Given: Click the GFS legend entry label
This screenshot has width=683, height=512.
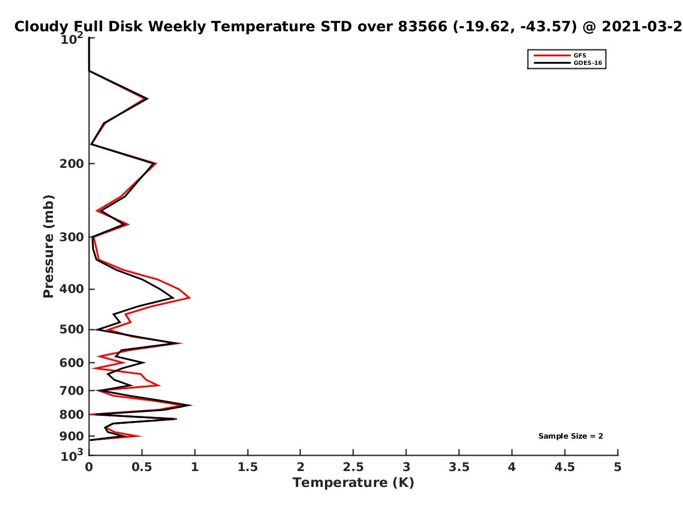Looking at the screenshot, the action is [x=579, y=55].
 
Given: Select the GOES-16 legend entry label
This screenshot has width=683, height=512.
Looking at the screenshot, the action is [x=588, y=63].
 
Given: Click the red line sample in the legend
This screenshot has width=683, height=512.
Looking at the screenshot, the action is [x=552, y=55].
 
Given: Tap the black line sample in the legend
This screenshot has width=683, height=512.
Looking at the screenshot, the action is [x=552, y=63].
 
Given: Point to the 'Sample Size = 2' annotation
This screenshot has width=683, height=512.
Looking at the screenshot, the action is [x=570, y=436].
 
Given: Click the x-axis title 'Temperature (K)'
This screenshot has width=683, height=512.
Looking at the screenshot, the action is [x=353, y=483].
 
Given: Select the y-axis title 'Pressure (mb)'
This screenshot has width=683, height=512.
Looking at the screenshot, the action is [x=48, y=246].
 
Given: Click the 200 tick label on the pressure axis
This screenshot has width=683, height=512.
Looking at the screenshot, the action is [x=72, y=164].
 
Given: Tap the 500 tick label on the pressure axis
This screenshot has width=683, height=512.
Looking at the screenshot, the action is [x=72, y=329].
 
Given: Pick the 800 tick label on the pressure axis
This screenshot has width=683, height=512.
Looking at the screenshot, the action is [x=72, y=415].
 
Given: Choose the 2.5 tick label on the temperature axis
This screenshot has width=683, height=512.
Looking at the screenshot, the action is [x=353, y=467].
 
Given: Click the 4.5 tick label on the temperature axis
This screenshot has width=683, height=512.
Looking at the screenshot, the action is [x=565, y=467].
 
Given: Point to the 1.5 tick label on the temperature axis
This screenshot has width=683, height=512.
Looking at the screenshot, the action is [x=248, y=467].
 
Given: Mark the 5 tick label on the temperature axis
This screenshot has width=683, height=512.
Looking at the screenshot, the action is [x=618, y=467].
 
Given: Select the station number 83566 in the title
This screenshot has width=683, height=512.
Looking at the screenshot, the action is [x=422, y=27].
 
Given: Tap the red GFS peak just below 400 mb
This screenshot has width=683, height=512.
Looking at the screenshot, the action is [x=190, y=298].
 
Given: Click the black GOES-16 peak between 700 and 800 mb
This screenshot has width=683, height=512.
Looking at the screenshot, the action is [x=191, y=405].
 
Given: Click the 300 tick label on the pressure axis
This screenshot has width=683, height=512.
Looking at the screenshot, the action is [x=72, y=237].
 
